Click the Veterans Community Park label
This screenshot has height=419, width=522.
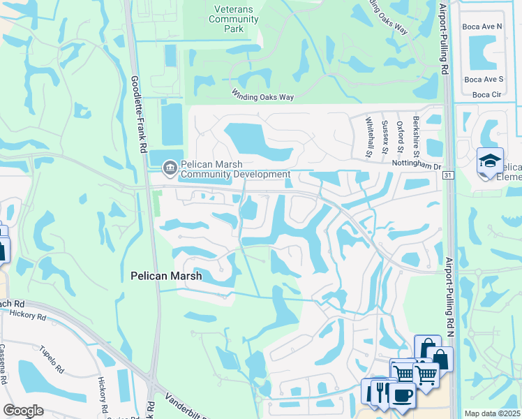(234, 20)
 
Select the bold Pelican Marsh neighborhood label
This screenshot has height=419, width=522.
(166, 276)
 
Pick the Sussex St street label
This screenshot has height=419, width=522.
(385, 137)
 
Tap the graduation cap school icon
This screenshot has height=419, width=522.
(490, 161)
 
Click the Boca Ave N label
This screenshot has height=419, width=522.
(482, 26)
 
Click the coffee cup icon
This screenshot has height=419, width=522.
(401, 395)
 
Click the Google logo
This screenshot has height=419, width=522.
(24, 411)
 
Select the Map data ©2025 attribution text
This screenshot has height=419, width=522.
(492, 413)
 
